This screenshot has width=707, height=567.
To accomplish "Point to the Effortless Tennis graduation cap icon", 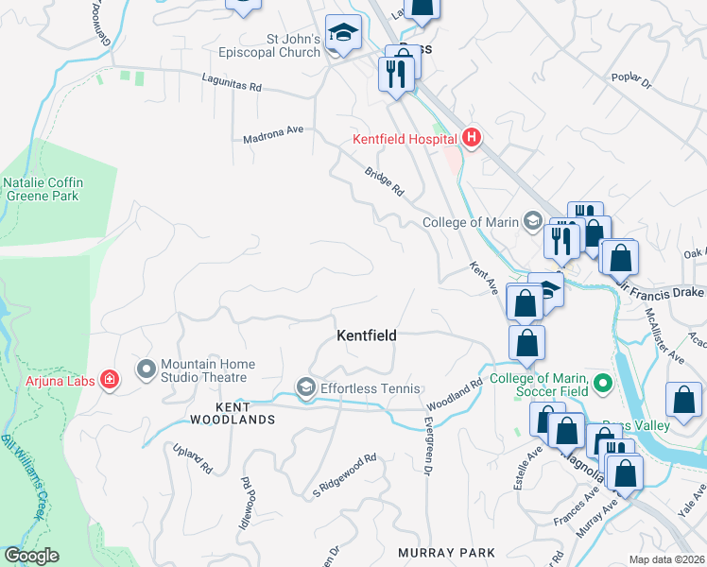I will coord(305,387).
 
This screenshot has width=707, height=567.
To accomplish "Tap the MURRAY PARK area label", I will coord(446,552).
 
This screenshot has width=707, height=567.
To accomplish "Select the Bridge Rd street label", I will coord(385,182).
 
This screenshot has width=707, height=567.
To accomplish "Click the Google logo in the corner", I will coord(31,556).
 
